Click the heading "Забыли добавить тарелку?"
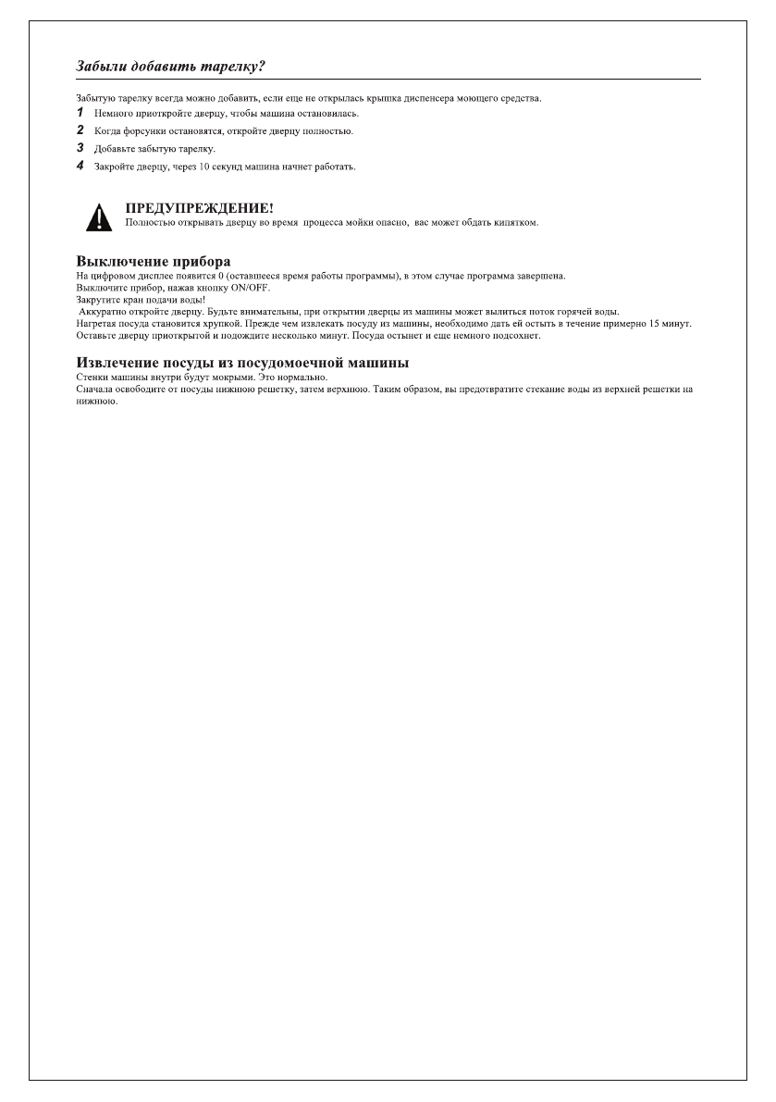pos(172,68)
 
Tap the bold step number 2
pos(80,130)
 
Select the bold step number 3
pos(80,148)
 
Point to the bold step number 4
pos(80,167)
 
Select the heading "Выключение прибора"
pos(153,262)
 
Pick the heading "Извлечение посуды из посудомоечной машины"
pos(242,362)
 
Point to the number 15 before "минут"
pos(660,324)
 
